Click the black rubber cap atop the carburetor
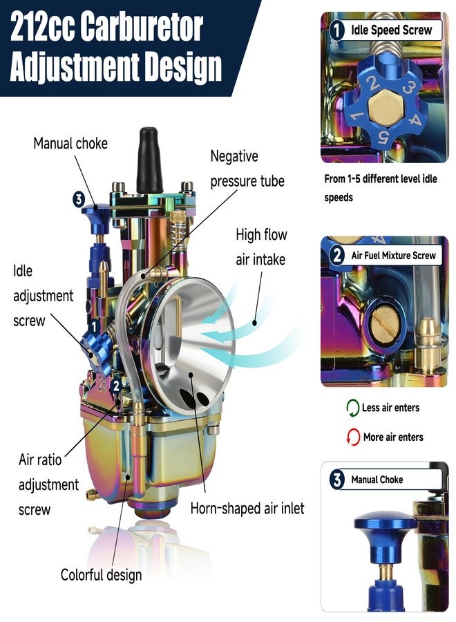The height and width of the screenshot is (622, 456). click(149, 160)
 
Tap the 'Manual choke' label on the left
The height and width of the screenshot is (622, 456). click(70, 143)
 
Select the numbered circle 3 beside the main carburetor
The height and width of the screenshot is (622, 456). click(79, 199)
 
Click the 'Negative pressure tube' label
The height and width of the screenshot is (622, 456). click(247, 169)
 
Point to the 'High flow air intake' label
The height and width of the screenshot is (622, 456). click(261, 247)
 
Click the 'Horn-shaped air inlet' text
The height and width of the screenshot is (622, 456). click(247, 508)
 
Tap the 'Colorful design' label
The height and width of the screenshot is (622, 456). click(101, 575)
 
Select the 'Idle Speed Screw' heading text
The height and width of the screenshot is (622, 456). click(391, 30)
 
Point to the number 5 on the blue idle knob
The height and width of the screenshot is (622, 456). click(383, 138)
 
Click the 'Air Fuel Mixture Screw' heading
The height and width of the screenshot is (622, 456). click(393, 256)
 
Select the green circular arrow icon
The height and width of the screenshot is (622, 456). click(352, 408)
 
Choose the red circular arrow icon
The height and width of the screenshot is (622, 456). click(353, 437)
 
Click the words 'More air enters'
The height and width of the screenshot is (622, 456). click(393, 437)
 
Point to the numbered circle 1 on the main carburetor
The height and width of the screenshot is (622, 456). click(93, 327)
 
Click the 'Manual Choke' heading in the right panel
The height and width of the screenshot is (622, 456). click(377, 480)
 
